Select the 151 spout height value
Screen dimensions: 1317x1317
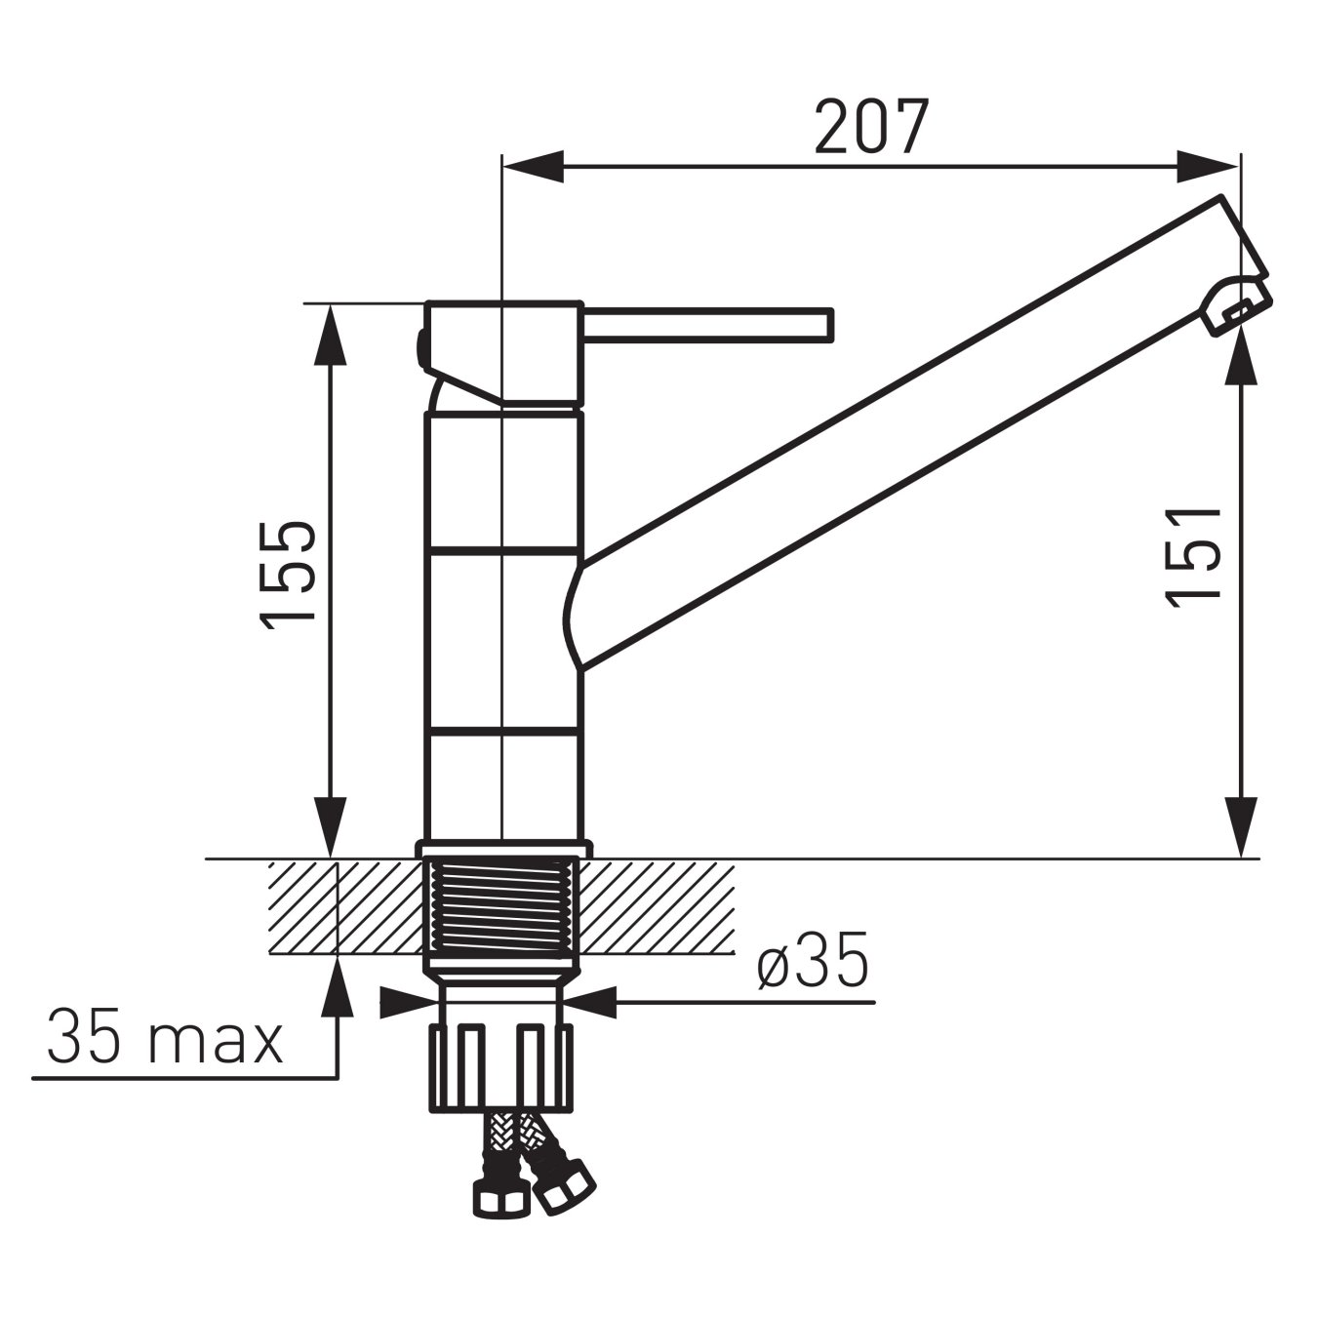[x=1195, y=556]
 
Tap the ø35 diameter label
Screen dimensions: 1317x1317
[x=812, y=964]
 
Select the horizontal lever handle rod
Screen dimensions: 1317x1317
[x=707, y=325]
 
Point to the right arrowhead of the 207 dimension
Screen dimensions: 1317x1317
[x=1208, y=167]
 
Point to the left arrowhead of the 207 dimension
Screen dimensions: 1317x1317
[x=533, y=167]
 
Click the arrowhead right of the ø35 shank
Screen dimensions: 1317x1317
[x=591, y=1002]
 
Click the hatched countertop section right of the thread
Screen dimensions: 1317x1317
[x=658, y=907]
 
